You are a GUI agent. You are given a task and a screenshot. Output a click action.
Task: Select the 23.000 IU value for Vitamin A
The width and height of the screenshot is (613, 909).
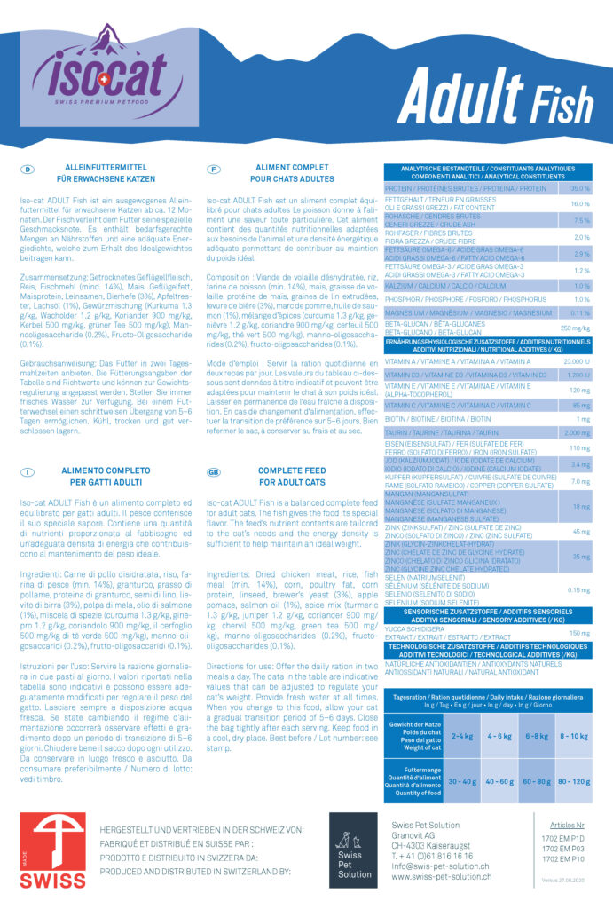click(x=577, y=361)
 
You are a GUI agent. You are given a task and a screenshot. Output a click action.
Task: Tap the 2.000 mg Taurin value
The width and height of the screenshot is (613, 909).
click(x=577, y=432)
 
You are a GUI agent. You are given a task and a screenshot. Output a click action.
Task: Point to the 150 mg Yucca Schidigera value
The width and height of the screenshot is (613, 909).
click(x=579, y=633)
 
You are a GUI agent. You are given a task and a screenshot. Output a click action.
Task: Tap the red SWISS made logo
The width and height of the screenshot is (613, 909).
click(x=52, y=852)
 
